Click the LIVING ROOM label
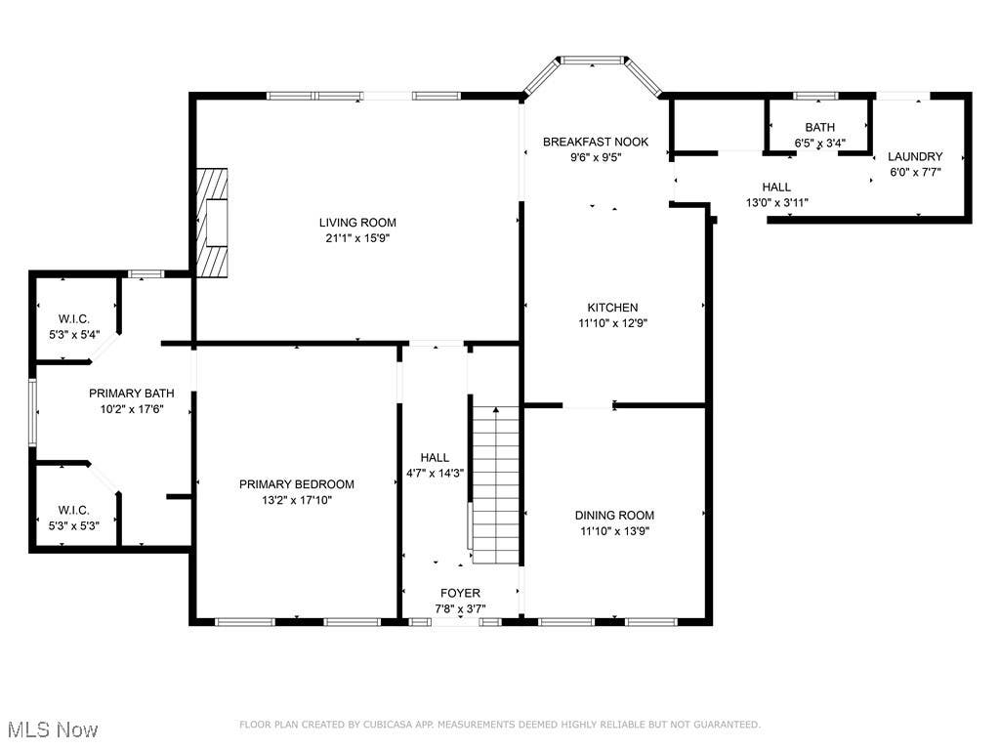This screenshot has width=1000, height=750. (x=357, y=223)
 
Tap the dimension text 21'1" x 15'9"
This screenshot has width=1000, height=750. (x=357, y=238)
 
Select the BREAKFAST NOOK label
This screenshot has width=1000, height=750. (x=595, y=142)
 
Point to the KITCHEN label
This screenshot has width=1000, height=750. (x=612, y=308)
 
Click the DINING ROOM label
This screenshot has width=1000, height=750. (x=614, y=516)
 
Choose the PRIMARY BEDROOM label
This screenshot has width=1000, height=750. (x=297, y=484)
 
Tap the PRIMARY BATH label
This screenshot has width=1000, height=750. (x=132, y=394)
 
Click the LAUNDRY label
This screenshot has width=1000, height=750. (x=915, y=156)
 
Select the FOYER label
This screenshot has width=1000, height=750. (x=460, y=593)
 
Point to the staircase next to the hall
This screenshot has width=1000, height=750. (x=495, y=484)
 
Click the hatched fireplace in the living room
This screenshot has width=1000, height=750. (x=212, y=223)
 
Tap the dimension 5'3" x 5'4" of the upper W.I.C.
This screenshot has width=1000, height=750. (x=74, y=334)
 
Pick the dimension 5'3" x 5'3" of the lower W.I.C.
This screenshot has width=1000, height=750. (x=74, y=525)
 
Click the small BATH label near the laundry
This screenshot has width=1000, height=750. (x=819, y=127)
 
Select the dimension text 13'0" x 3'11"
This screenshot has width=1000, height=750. (x=776, y=203)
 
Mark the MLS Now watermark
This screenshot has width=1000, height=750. (x=54, y=729)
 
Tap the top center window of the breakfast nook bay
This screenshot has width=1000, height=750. (x=593, y=60)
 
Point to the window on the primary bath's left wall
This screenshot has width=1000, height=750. (x=32, y=412)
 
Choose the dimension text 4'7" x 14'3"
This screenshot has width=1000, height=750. (x=435, y=474)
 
